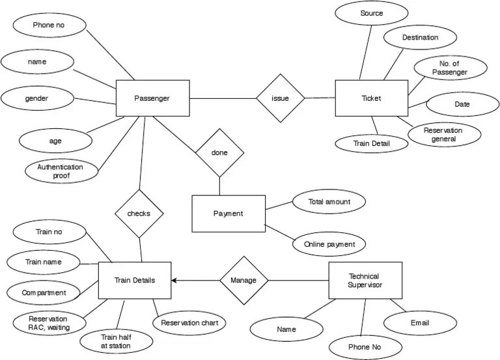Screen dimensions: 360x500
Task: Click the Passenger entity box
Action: [152, 98]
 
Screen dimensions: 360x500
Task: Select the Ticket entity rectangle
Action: [371, 98]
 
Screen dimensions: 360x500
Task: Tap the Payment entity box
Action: [229, 214]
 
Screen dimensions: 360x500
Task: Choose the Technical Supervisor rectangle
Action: [363, 281]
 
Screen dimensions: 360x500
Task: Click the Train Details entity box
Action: [134, 281]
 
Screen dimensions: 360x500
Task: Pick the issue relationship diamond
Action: [281, 98]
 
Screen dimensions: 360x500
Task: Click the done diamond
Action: [220, 152]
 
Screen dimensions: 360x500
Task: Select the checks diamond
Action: [139, 214]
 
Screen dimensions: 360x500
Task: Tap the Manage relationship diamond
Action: [243, 281]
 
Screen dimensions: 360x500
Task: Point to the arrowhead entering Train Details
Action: [174, 281]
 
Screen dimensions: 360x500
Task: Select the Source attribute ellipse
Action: [371, 13]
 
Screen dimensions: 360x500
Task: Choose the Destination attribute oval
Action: [420, 38]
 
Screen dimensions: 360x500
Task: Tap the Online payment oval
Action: [329, 245]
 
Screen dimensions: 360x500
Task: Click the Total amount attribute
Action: [329, 202]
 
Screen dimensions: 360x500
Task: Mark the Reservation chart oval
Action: [189, 322]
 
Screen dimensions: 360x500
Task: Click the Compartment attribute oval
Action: [44, 292]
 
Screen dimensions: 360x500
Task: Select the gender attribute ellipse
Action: [37, 99]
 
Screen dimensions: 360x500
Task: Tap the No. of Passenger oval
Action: [450, 68]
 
